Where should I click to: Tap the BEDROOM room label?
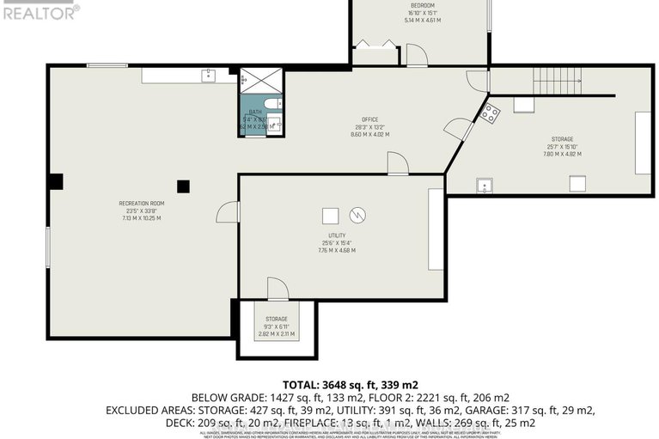(x=421, y=6)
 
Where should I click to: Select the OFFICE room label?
(x=369, y=119)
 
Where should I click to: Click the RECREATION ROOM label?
(x=140, y=204)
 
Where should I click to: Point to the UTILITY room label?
(x=336, y=235)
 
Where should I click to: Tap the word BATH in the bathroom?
(x=255, y=113)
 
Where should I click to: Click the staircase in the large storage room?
(x=557, y=82)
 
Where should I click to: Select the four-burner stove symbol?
(x=489, y=112)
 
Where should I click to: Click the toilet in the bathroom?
(x=272, y=104)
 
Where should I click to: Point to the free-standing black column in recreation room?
(x=182, y=186)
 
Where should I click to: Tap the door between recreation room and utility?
(x=229, y=211)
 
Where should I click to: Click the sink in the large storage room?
(x=484, y=184)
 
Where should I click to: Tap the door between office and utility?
(x=396, y=163)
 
